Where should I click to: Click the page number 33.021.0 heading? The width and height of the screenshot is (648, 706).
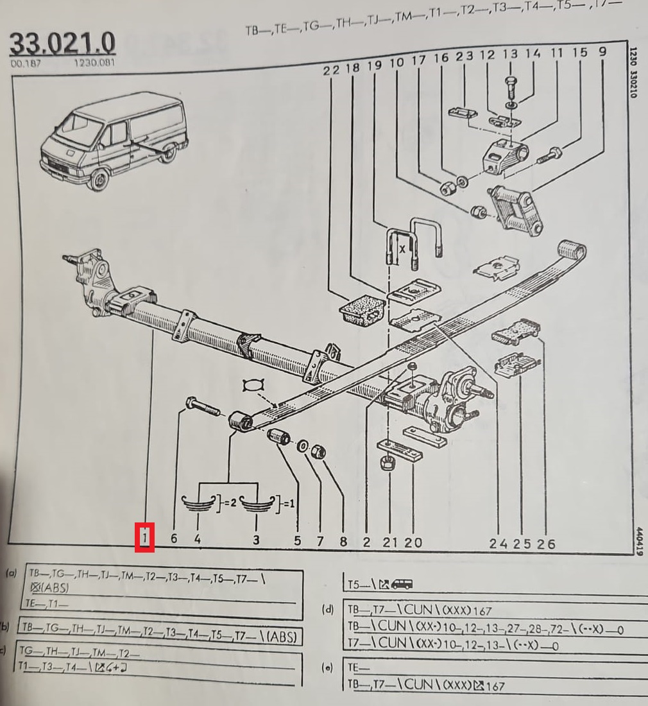(62, 44)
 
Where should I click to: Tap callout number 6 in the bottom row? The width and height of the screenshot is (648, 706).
(174, 539)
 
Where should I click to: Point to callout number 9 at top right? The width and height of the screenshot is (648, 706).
(602, 53)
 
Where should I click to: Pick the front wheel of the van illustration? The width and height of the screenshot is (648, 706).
(99, 179)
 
